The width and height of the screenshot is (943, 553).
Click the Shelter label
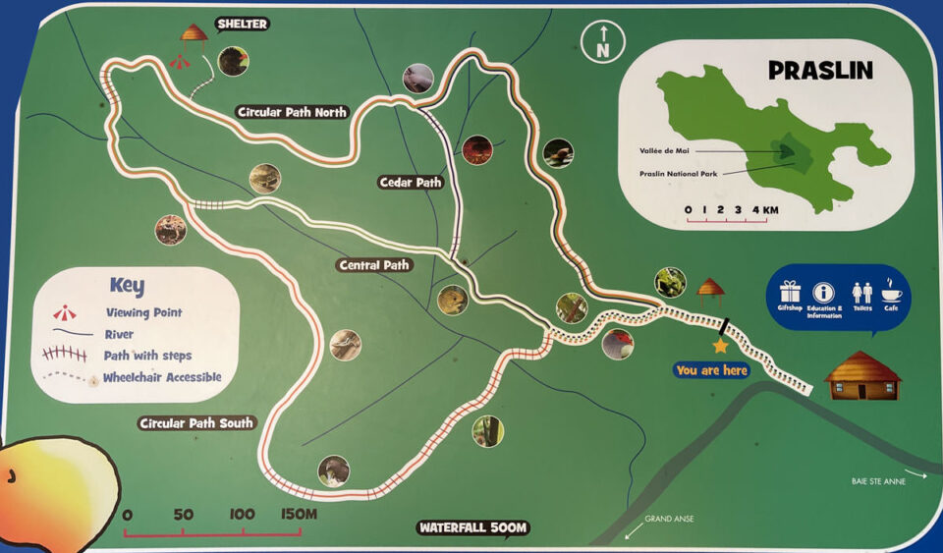pyautogui.click(x=241, y=24)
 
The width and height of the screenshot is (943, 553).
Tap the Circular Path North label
pyautogui.click(x=292, y=112)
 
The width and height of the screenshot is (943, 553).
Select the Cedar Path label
pyautogui.click(x=411, y=182)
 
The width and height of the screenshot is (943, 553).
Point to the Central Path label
pyautogui.click(x=373, y=265)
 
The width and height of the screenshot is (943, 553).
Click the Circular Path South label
pyautogui.click(x=196, y=423)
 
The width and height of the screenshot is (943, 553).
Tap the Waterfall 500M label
pyautogui.click(x=473, y=527)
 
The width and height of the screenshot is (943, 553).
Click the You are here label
pyautogui.click(x=712, y=370)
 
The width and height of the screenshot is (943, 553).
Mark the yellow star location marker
pyautogui.click(x=720, y=346)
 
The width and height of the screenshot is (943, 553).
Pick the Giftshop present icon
pyautogui.click(x=790, y=292)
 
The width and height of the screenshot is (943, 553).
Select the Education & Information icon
pyautogui.click(x=823, y=292)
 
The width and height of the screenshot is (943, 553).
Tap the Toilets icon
pyautogui.click(x=862, y=293)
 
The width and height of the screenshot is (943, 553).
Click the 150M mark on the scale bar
pyautogui.click(x=297, y=515)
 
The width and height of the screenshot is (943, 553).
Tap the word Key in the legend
pyautogui.click(x=127, y=286)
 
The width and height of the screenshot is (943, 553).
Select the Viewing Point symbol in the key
pyautogui.click(x=65, y=313)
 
